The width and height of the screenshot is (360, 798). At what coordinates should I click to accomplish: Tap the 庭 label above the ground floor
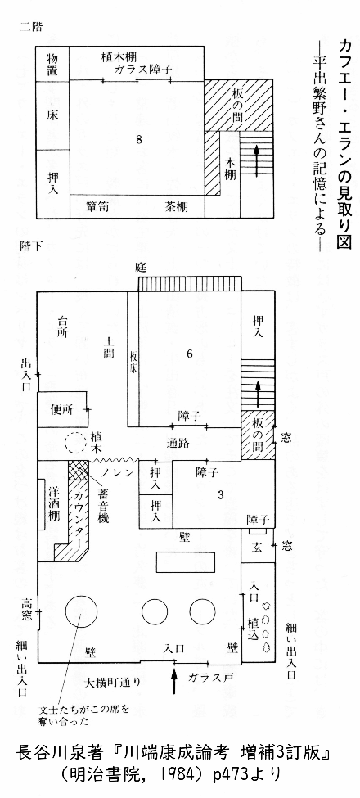click(141, 267)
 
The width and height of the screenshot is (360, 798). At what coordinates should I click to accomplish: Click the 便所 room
click(62, 408)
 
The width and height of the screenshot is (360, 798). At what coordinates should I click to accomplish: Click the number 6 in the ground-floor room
click(189, 354)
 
